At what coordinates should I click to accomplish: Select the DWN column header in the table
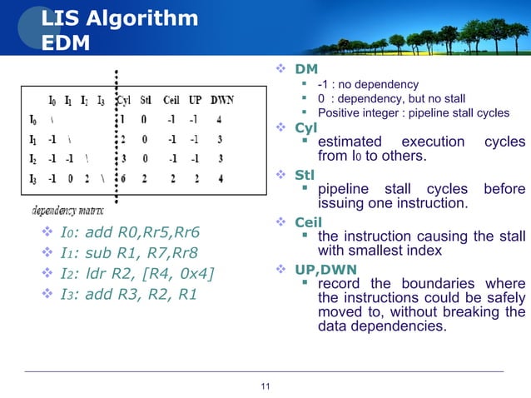[221, 100]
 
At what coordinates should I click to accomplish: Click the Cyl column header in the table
[123, 100]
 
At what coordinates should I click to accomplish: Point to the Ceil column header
[171, 100]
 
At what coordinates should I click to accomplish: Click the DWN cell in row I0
[220, 118]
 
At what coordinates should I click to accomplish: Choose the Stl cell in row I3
[145, 177]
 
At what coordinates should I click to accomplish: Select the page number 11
[265, 385]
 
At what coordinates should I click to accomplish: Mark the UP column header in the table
[196, 100]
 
